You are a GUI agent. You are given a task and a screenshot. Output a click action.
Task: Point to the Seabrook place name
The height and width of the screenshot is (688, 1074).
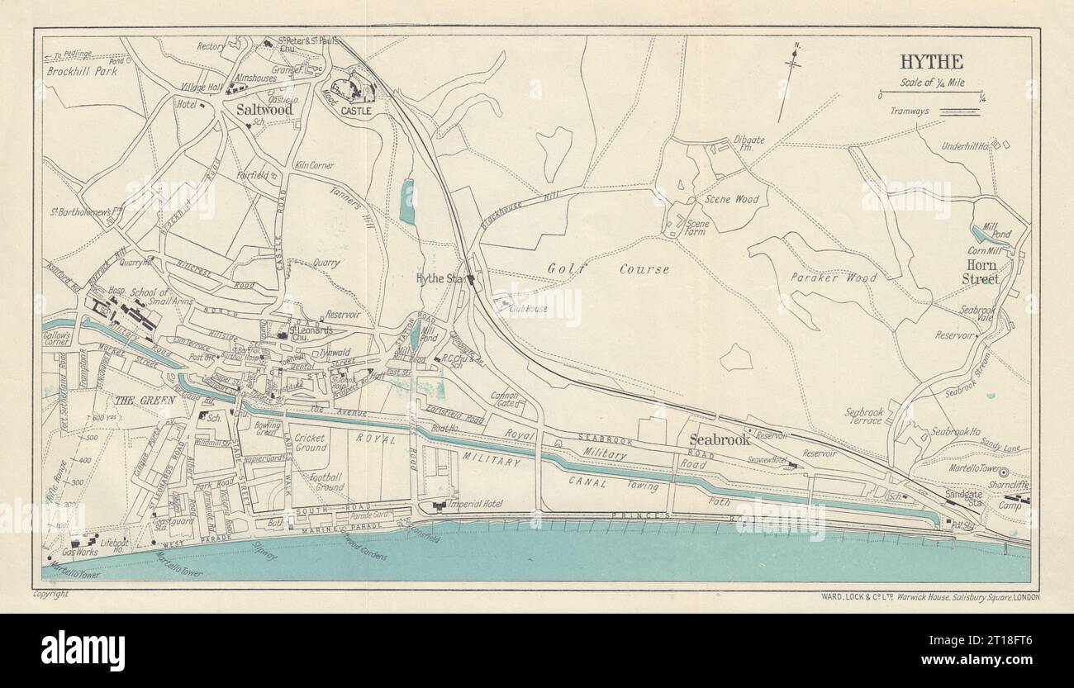[x=720, y=440]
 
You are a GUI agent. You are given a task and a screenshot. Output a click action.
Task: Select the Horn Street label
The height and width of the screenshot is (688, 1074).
[x=980, y=272]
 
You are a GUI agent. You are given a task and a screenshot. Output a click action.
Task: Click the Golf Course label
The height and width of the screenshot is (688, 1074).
[x=607, y=269]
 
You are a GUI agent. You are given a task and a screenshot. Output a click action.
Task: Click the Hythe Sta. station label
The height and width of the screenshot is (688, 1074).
[x=440, y=278]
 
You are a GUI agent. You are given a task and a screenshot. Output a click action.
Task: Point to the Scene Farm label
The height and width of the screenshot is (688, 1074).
[x=698, y=228]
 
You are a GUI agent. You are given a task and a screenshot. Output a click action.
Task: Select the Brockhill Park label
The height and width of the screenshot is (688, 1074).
[x=82, y=71]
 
